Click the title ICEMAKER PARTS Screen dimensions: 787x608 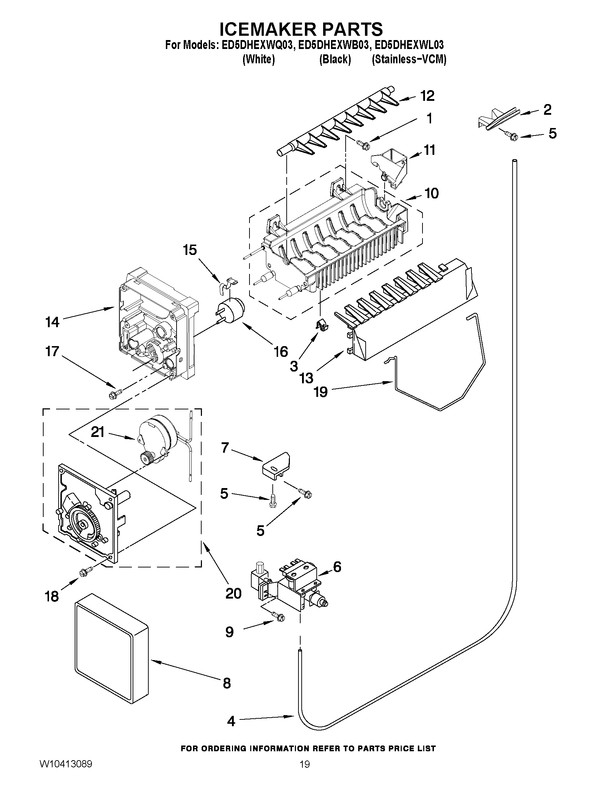[x=301, y=29]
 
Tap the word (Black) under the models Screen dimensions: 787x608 [x=335, y=59]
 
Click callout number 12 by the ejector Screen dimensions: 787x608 [x=427, y=96]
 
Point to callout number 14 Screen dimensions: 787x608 [x=52, y=322]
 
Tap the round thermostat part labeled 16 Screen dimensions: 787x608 [x=233, y=310]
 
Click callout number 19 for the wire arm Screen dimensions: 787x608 [x=320, y=391]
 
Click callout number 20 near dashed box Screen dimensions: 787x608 [x=233, y=593]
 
